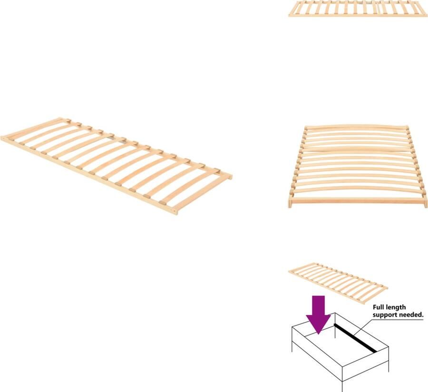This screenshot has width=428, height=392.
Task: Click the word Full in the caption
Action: pyautogui.click(x=380, y=308)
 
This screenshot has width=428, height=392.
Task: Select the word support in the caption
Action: pyautogui.click(x=386, y=315)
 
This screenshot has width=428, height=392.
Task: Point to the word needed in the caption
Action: pyautogui.click(x=411, y=315)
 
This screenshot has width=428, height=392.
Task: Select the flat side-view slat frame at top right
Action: pyautogui.click(x=358, y=9)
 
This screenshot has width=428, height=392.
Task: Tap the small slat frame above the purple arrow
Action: pyautogui.click(x=338, y=282)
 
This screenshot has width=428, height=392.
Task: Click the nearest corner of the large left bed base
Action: pyautogui.click(x=175, y=211)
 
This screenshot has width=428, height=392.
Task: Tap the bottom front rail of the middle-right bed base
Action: pyautogui.click(x=358, y=201)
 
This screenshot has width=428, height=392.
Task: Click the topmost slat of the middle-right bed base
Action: pyautogui.click(x=357, y=127)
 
